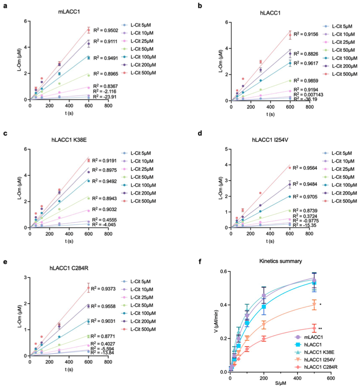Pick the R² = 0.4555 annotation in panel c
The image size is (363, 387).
(x=106, y=219)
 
